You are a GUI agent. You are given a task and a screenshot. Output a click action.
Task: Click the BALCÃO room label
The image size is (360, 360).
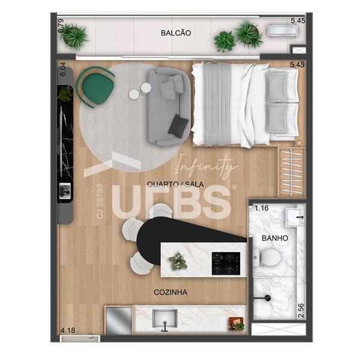pyautogui.click(x=176, y=33)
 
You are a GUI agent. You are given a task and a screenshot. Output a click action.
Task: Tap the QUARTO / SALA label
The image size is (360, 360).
pyautogui.click(x=175, y=184)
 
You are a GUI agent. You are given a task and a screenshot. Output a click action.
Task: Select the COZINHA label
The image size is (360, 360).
pyautogui.click(x=170, y=292)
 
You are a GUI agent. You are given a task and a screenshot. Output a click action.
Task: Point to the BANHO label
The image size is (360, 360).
pyautogui.click(x=275, y=238)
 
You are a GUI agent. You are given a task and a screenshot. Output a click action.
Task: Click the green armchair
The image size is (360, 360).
pyautogui.click(x=96, y=87)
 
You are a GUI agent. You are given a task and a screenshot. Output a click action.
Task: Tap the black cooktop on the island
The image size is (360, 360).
pyautogui.click(x=226, y=263)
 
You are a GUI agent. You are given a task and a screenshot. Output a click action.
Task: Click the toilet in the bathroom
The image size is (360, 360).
pyautogui.click(x=268, y=257)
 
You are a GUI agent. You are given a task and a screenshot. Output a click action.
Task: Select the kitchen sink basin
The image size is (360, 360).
pyautogui.click(x=164, y=318)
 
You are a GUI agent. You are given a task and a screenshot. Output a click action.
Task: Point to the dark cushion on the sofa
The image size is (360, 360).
pyautogui.click(x=178, y=126)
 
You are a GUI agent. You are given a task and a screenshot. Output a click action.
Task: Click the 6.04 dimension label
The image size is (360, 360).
pyautogui.click(x=62, y=69)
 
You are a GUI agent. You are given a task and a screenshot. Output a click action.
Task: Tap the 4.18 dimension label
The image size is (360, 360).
pyautogui.click(x=67, y=331)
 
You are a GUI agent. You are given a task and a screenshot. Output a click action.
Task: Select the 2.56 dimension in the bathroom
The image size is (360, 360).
pyautogui.click(x=301, y=311)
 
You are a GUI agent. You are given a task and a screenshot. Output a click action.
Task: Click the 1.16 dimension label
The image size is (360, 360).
pyautogui.click(x=262, y=208)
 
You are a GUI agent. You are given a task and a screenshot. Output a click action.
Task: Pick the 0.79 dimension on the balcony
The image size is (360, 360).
pyautogui.click(x=61, y=26)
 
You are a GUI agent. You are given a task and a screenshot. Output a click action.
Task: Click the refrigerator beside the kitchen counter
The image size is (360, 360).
pyautogui.click(x=118, y=320)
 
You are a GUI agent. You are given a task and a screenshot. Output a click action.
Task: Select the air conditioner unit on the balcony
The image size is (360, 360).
pyautogui.click(x=283, y=31)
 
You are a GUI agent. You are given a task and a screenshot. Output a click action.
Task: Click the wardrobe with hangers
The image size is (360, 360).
pyautogui.click(x=292, y=172)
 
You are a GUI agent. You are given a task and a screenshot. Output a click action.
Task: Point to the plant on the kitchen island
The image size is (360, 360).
pyautogui.click(x=178, y=261)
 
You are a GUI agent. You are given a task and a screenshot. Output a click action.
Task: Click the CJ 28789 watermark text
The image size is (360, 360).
pyautogui.click(x=100, y=201)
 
